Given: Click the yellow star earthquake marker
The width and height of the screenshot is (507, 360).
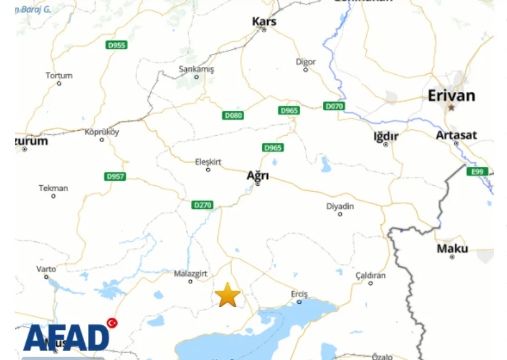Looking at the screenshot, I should point(228,295).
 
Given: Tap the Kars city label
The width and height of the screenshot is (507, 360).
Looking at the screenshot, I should point(264,21).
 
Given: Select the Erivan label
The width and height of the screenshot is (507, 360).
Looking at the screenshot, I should point(451,96).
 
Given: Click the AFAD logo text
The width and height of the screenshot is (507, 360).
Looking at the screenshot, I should point(66,337).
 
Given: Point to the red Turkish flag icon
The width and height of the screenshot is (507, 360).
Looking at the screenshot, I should point(112,323).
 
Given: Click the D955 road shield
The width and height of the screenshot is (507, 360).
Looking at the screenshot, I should point(117,45).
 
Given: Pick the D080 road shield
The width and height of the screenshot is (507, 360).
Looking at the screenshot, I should point(233,115).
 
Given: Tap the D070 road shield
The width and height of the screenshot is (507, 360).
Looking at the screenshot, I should point(334,106).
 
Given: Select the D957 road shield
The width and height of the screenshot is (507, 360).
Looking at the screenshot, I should point(115,176).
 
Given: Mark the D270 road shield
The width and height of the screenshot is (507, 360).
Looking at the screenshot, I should point(202,205).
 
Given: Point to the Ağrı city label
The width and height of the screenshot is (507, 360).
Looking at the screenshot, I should point(257,176).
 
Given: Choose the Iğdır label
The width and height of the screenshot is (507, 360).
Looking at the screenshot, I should point(386,136).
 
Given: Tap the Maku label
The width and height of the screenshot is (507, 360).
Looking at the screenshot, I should point(453,248).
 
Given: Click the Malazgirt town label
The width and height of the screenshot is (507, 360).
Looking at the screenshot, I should point(190,274).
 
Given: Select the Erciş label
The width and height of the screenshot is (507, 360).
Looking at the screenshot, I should point(299,294).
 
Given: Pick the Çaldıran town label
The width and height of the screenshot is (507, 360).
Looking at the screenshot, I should point(371,275).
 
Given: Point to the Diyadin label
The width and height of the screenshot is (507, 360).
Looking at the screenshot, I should point(340,207).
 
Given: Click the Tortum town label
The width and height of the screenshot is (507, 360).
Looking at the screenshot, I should point(59,75).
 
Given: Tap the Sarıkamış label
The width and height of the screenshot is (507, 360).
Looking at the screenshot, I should point(196,69).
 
